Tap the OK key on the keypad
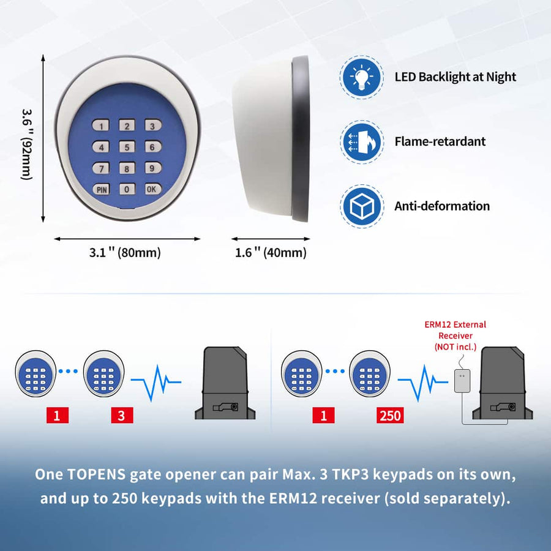click(152, 189)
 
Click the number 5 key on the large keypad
click(127, 147)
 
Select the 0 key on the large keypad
click(127, 189)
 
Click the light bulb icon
click(362, 77)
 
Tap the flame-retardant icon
click(362, 141)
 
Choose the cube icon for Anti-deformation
click(362, 206)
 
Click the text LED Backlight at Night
click(455, 77)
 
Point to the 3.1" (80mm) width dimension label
click(125, 252)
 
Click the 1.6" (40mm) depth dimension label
click(271, 252)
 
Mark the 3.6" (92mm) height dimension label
click(27, 144)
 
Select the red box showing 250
click(390, 416)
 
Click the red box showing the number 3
click(121, 416)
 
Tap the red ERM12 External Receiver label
click(455, 335)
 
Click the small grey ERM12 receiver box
click(461, 381)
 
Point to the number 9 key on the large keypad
click(152, 168)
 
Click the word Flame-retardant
click(440, 141)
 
